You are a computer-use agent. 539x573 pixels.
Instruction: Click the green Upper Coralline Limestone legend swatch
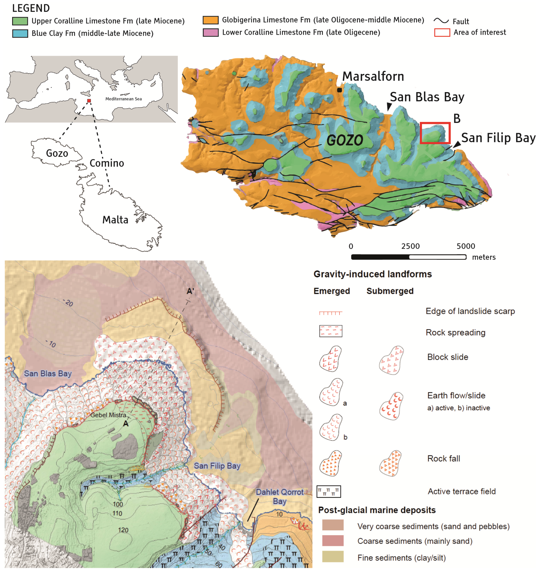[x=20, y=21]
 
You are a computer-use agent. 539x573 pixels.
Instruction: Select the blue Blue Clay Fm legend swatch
[x=20, y=33]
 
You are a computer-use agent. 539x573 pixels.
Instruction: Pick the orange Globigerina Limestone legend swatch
[x=210, y=20]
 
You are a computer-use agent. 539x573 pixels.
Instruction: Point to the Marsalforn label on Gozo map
[x=373, y=76]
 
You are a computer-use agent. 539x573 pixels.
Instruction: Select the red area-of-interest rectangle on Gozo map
[x=435, y=133]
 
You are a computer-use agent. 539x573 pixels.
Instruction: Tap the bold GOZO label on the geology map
[x=345, y=140]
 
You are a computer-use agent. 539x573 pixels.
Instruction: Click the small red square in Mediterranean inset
[x=89, y=101]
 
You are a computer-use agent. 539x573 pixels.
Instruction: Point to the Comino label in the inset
[x=107, y=163]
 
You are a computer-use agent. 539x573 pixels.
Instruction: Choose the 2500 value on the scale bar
[x=410, y=246]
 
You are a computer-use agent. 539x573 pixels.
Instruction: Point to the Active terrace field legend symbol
[x=328, y=491]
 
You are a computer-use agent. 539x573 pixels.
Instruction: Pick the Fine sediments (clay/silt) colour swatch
[x=333, y=556]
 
